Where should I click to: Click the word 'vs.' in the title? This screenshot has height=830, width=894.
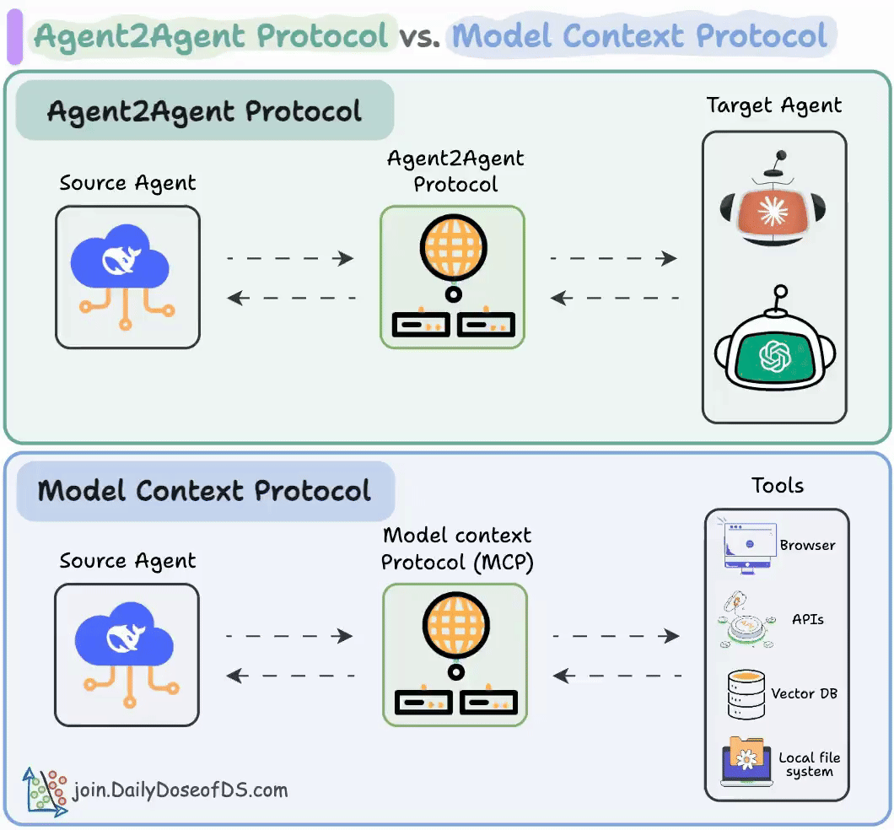420,37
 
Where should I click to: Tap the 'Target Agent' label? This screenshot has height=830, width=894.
774,105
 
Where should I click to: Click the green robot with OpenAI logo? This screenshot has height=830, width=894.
775,347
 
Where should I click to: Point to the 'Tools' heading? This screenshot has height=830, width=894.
778,485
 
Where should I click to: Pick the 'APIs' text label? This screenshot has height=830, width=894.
808,618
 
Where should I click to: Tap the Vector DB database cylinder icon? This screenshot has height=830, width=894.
746,693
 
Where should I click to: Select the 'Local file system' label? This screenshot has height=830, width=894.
810,764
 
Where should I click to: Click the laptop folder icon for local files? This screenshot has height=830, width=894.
746,762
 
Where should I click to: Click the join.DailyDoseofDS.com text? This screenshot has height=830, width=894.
180,790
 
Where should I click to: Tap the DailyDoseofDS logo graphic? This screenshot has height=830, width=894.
45,790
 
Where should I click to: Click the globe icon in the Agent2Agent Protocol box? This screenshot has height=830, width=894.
453,245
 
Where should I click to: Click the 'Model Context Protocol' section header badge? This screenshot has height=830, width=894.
205,491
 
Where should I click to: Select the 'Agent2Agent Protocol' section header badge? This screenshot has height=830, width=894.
205,110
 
